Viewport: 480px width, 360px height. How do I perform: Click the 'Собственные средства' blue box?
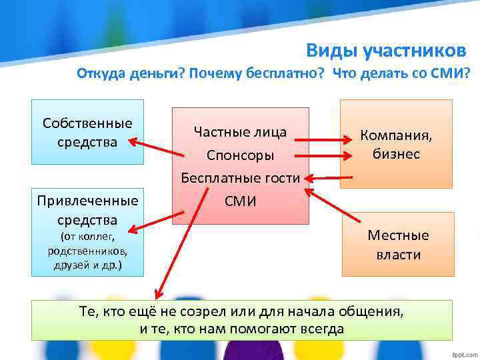click(87, 131)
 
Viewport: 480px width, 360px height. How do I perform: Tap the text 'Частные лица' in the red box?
click(240, 132)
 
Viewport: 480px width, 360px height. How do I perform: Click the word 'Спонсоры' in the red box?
click(240, 155)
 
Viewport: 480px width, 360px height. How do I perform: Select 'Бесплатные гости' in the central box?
click(240, 178)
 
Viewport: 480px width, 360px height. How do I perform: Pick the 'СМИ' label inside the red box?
click(240, 201)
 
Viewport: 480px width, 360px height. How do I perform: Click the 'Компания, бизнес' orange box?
click(396, 144)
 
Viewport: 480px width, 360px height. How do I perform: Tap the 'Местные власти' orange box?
click(398, 244)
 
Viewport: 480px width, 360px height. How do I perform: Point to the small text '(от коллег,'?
click(87, 237)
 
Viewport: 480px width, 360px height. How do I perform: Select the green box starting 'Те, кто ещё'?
click(241, 320)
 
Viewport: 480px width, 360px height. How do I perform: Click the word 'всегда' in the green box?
click(323, 329)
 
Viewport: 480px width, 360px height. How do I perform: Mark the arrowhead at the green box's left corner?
click(158, 294)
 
